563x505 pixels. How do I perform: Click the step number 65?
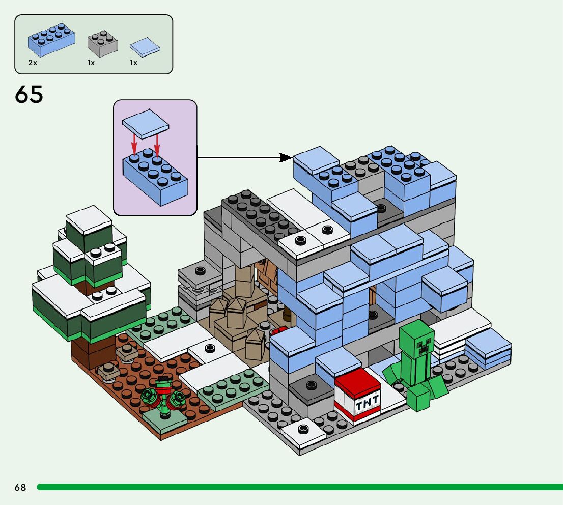29,94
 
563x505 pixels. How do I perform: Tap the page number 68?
20,487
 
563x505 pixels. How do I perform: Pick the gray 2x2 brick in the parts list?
102,44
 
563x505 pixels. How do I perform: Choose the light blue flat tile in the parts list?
145,47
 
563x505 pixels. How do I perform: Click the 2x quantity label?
33,63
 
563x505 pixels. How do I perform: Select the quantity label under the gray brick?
91,63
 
